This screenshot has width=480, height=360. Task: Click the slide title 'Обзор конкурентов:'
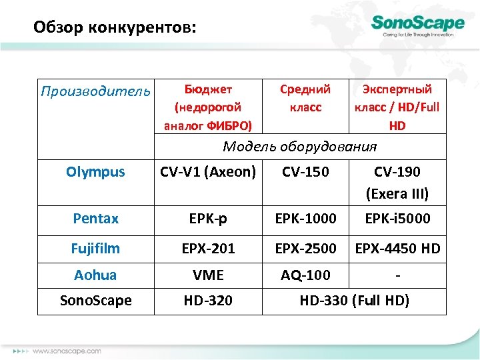click(x=115, y=28)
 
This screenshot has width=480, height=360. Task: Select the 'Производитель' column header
click(x=95, y=91)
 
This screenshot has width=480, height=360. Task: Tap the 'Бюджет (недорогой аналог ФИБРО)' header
click(x=208, y=107)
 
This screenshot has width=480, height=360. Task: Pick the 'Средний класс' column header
click(x=305, y=98)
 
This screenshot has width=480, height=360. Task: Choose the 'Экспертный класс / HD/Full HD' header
click(x=396, y=107)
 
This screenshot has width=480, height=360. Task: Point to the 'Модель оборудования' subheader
click(x=299, y=147)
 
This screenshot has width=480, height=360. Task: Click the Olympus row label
click(x=95, y=172)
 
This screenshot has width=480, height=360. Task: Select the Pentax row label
click(x=95, y=219)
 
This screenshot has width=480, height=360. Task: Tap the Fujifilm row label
click(x=95, y=249)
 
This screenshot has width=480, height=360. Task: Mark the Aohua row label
click(x=95, y=275)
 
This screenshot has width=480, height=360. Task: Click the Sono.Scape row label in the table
click(x=95, y=301)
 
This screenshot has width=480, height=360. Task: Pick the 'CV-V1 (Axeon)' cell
click(x=208, y=172)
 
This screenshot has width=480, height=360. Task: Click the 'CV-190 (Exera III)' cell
click(x=397, y=183)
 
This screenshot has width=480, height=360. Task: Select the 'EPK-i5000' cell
click(x=397, y=219)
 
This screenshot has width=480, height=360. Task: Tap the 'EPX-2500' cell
click(x=305, y=249)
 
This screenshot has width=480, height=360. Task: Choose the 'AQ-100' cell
click(x=305, y=275)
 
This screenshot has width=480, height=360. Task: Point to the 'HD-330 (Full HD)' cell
click(x=354, y=301)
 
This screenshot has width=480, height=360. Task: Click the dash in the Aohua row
click(x=397, y=275)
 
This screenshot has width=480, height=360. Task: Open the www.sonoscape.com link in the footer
click(x=67, y=351)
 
